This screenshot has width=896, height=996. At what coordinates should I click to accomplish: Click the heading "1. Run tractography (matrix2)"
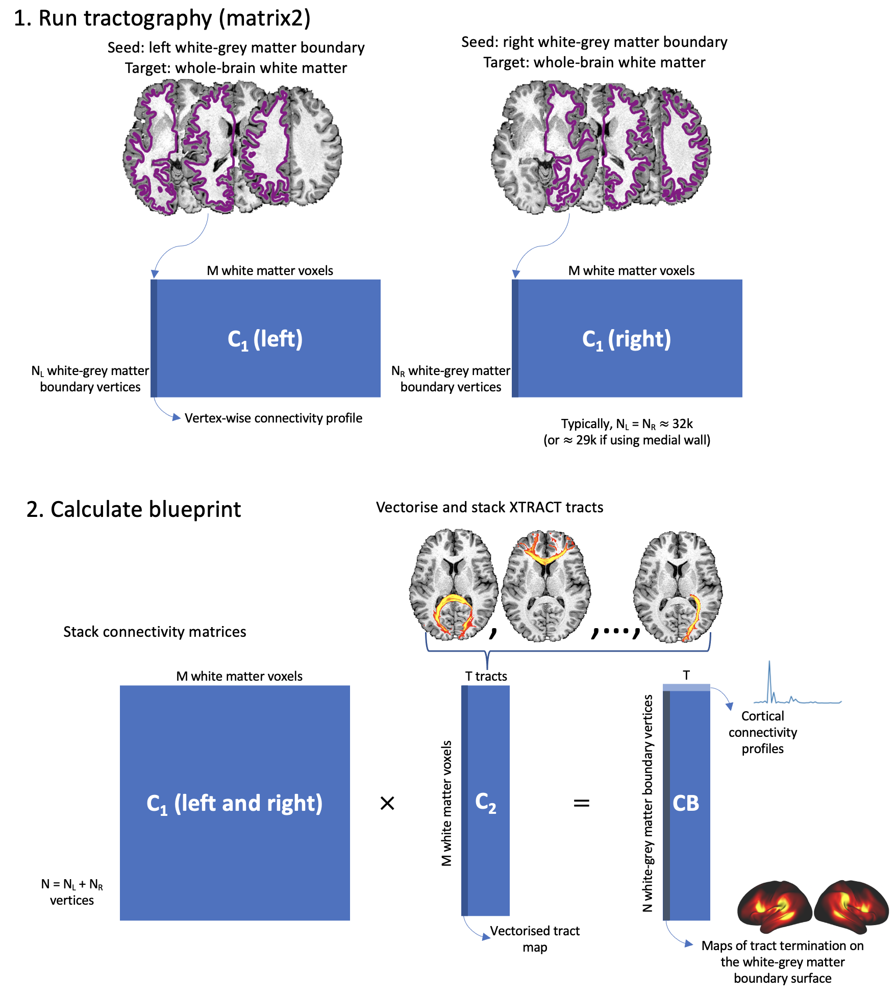pyautogui.click(x=162, y=18)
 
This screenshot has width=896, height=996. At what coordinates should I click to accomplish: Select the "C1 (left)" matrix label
pyautogui.click(x=265, y=339)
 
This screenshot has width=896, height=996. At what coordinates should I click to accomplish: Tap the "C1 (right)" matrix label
pyautogui.click(x=626, y=339)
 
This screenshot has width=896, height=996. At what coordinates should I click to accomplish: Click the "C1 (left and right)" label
pyautogui.click(x=234, y=804)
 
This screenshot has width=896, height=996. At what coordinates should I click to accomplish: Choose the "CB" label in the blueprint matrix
pyautogui.click(x=686, y=804)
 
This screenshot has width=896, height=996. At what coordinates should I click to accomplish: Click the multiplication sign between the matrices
pyautogui.click(x=387, y=804)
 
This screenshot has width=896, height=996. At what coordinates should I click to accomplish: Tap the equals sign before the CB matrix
pyautogui.click(x=581, y=804)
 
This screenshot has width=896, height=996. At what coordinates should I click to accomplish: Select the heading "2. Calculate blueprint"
pyautogui.click(x=134, y=509)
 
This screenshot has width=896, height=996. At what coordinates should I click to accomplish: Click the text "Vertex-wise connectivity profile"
pyautogui.click(x=273, y=418)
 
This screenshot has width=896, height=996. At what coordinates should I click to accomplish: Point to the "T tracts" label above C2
pyautogui.click(x=486, y=677)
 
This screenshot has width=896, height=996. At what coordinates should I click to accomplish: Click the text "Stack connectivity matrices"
pyautogui.click(x=155, y=632)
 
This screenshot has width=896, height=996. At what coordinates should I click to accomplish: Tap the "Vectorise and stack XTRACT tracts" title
pyautogui.click(x=489, y=508)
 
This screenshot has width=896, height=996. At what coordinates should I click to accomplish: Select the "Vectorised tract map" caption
pyautogui.click(x=534, y=939)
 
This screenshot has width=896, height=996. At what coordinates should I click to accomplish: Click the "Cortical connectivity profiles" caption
pyautogui.click(x=762, y=732)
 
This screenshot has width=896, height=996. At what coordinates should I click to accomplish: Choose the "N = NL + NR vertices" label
pyautogui.click(x=72, y=892)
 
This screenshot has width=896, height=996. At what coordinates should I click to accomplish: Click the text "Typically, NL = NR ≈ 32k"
pyautogui.click(x=627, y=424)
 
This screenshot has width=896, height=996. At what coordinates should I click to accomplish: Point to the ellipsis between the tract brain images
pyautogui.click(x=615, y=631)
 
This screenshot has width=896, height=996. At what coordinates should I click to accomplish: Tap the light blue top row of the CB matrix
pyautogui.click(x=686, y=687)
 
